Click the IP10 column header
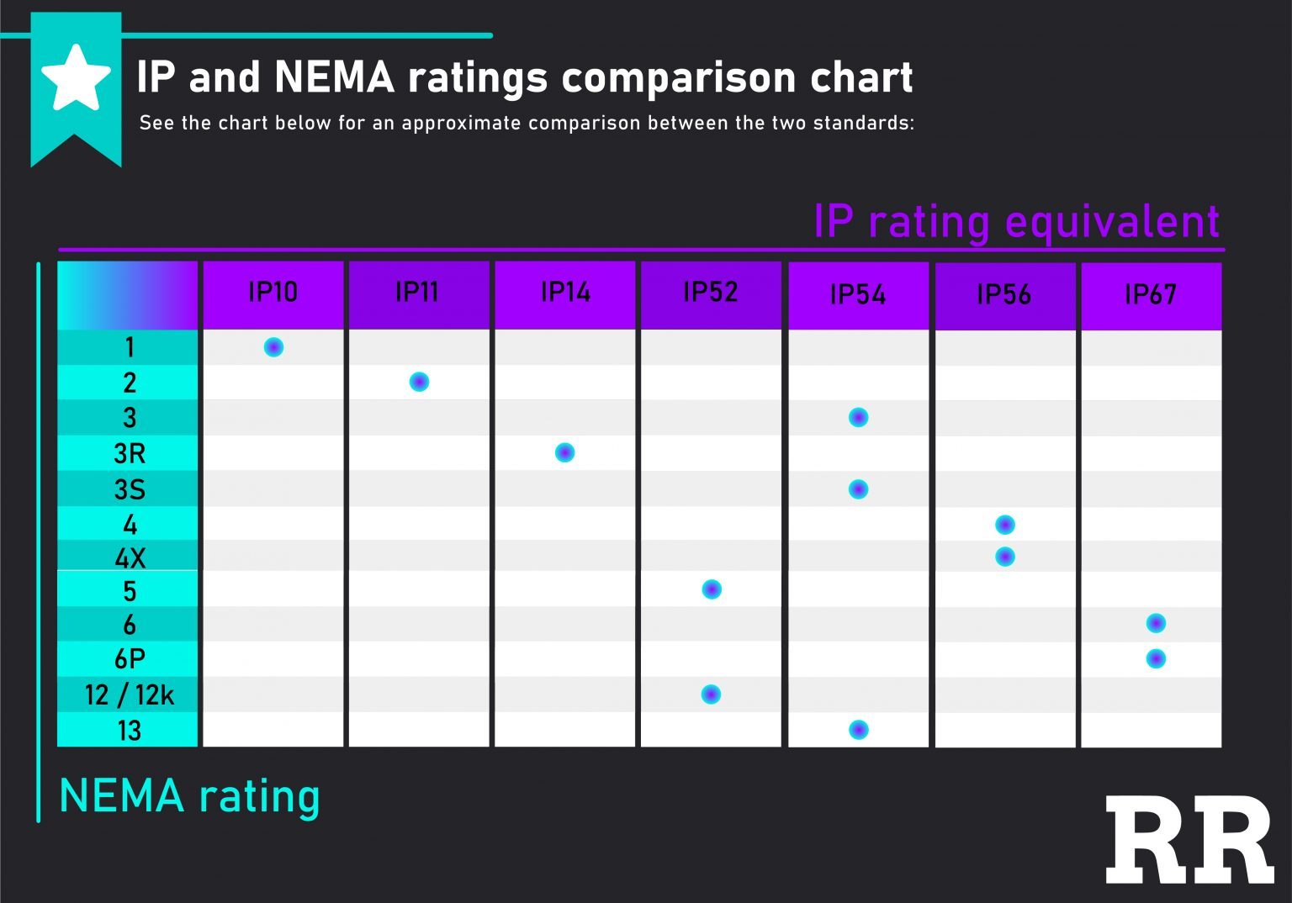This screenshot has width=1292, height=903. click(x=273, y=293)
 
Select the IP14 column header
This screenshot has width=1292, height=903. click(x=564, y=293)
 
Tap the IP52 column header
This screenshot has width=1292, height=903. click(x=711, y=293)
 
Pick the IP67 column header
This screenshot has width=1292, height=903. click(x=1150, y=294)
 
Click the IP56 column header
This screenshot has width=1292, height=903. click(x=1003, y=294)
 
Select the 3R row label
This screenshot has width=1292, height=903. click(x=130, y=454)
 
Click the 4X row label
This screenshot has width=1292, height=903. click(x=130, y=557)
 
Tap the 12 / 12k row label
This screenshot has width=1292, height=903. click(x=130, y=695)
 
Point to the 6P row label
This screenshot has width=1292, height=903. click(x=130, y=659)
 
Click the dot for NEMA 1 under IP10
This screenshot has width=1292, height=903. click(x=273, y=347)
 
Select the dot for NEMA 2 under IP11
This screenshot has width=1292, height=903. click(x=419, y=382)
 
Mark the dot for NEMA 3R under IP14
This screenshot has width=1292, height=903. click(x=565, y=452)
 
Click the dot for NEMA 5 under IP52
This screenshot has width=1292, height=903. click(x=712, y=589)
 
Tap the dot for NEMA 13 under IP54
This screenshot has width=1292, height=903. click(x=858, y=730)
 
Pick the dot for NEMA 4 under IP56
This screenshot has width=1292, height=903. click(x=1004, y=525)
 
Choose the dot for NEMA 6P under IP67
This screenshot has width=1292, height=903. click(x=1156, y=658)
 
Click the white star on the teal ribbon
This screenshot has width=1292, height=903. click(x=76, y=78)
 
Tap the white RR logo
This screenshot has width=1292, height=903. click(x=1189, y=839)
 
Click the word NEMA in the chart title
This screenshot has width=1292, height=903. click(x=334, y=77)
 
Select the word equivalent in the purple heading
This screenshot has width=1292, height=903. click(x=1112, y=222)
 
